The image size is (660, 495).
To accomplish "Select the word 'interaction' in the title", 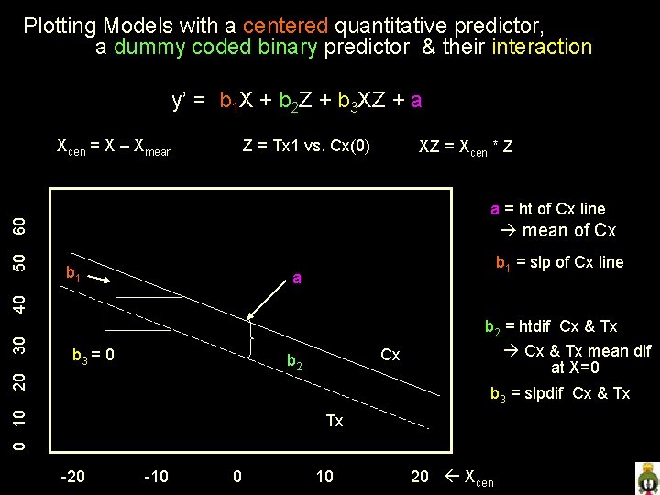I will pyautogui.click(x=542, y=47).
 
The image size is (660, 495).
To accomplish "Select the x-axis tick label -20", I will pyautogui.click(x=72, y=476).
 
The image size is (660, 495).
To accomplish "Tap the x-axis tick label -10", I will pyautogui.click(x=158, y=476).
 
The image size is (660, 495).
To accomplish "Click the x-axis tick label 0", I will pyautogui.click(x=237, y=476).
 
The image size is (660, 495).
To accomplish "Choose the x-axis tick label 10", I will pyautogui.click(x=324, y=476).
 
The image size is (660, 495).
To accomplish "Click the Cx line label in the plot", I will pyautogui.click(x=390, y=355).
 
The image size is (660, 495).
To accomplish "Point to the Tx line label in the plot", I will pyautogui.click(x=335, y=421).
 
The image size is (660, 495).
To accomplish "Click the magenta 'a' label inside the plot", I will pyautogui.click(x=296, y=277).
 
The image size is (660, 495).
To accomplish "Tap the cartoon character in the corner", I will pyautogui.click(x=647, y=478).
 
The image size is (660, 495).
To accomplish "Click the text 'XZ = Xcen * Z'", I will pyautogui.click(x=465, y=147).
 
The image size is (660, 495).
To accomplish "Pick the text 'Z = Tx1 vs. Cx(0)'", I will pyautogui.click(x=306, y=145).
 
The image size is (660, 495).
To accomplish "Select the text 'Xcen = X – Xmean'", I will pyautogui.click(x=115, y=147).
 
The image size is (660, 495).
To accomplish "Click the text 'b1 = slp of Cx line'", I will pyautogui.click(x=559, y=263).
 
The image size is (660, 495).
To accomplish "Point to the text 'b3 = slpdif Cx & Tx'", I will pyautogui.click(x=560, y=394).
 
